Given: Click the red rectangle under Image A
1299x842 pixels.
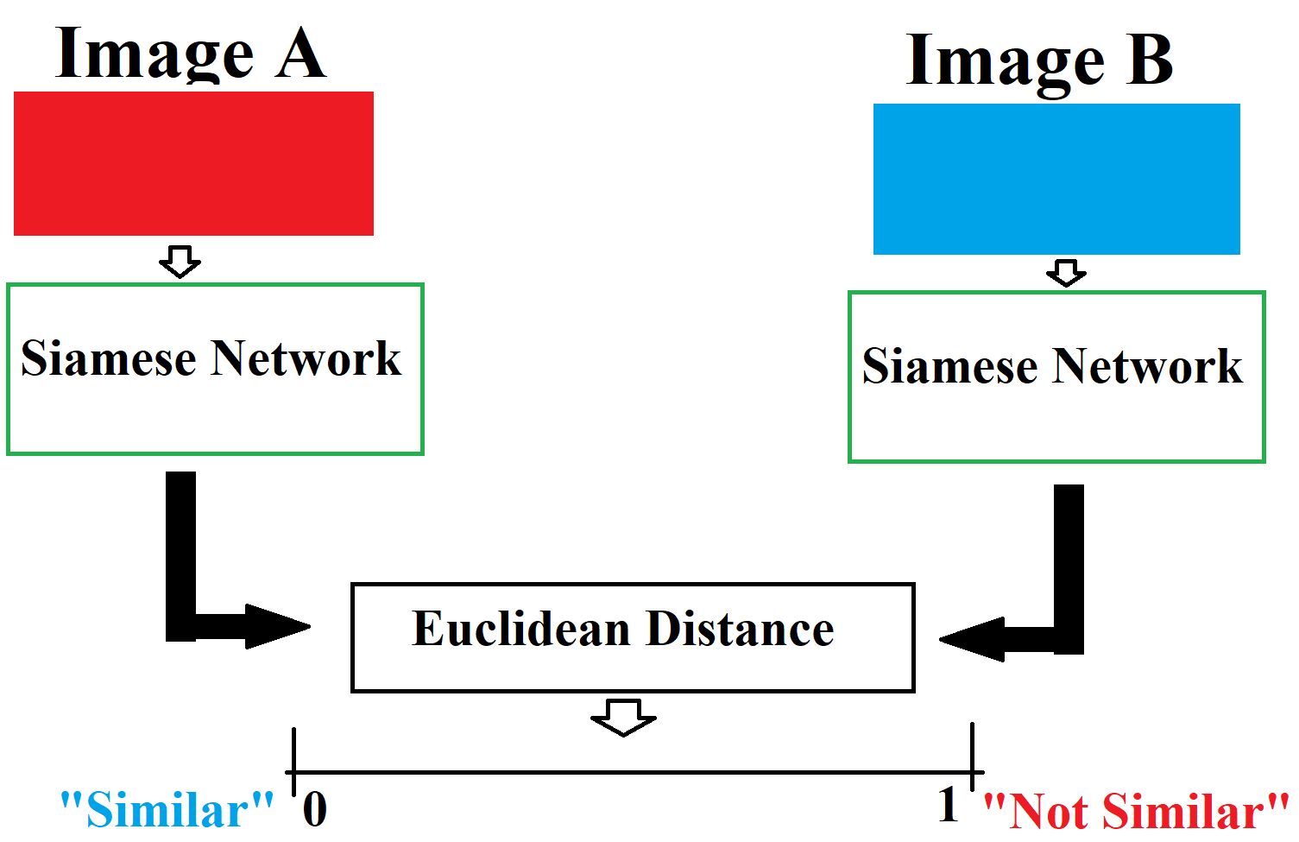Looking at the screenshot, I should coord(193,163).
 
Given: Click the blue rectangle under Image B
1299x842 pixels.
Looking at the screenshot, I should coord(1056,179).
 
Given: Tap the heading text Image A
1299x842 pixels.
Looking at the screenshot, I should coord(191,54).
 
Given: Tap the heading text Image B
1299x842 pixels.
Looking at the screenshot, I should coord(1039,60).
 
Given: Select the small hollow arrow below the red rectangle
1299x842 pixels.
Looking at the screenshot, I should coord(180,262).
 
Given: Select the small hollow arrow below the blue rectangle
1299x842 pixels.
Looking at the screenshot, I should coord(1066,273).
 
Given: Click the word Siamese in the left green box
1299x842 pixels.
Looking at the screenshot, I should coord(109,358).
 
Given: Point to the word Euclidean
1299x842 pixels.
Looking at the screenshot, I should coord(521,629).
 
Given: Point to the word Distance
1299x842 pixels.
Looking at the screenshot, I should coord(740,629).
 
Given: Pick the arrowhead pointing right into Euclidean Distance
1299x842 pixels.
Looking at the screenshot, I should coord(276,626).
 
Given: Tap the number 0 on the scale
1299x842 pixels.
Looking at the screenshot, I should coord(315,809).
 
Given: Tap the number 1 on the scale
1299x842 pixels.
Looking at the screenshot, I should coord(948,804).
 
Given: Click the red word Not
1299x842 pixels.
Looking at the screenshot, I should coord(1047,812).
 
